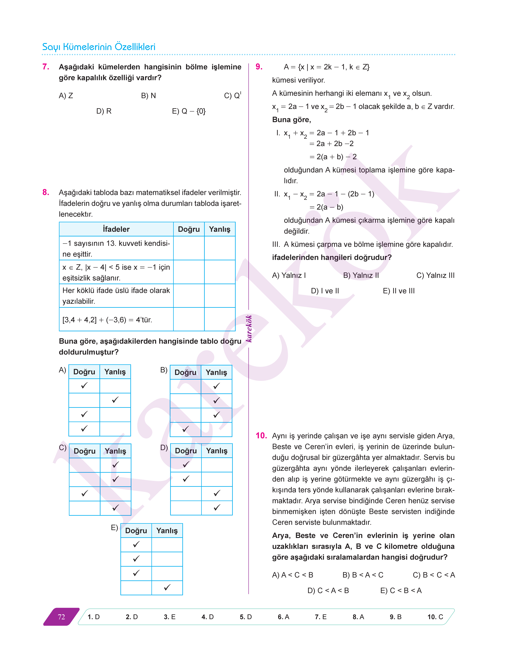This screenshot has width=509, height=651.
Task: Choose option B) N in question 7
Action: pyautogui.click(x=148, y=96)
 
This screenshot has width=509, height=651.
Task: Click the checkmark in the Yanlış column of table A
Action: pyautogui.click(x=115, y=400)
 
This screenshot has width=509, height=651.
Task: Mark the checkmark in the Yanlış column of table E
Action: pyautogui.click(x=167, y=587)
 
